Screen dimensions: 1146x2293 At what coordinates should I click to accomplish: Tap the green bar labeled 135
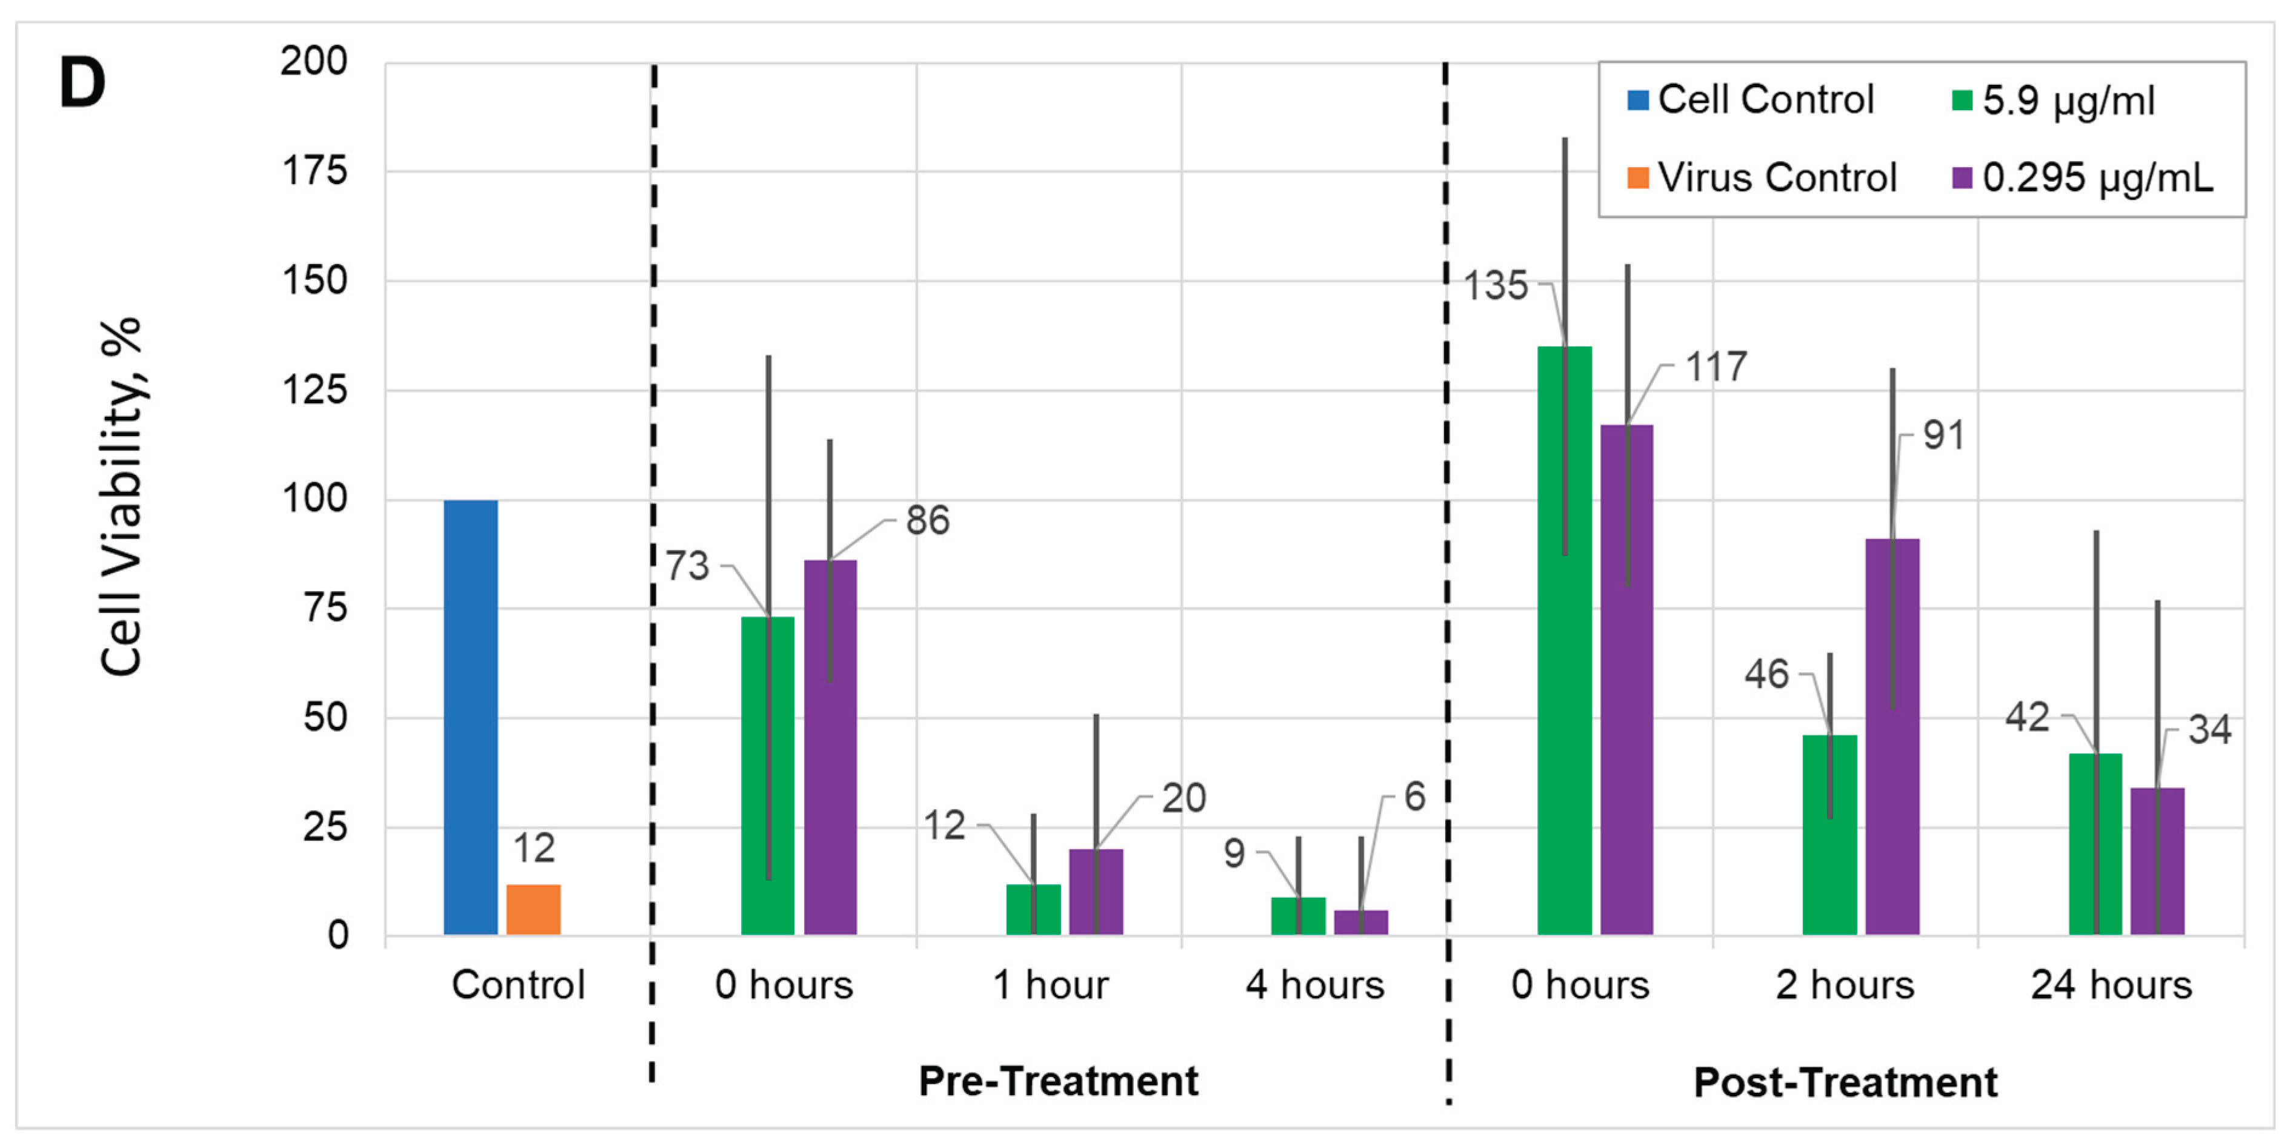pyautogui.click(x=1564, y=641)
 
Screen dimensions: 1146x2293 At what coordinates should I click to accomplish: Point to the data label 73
pyautogui.click(x=687, y=566)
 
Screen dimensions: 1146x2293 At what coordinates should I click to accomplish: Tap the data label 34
pyautogui.click(x=2209, y=730)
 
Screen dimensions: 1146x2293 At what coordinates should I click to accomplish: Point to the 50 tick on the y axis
pyautogui.click(x=324, y=717)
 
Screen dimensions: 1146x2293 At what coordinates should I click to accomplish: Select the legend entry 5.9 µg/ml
pyautogui.click(x=2052, y=100)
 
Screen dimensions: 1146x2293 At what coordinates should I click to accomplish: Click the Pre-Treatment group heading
pyautogui.click(x=1057, y=1081)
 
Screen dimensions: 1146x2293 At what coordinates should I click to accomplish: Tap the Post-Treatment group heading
pyautogui.click(x=1845, y=1083)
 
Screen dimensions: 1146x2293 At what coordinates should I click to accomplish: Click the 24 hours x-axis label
pyautogui.click(x=2111, y=985)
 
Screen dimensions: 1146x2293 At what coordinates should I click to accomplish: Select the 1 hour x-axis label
pyautogui.click(x=1050, y=985)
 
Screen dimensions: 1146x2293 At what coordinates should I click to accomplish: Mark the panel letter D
pyautogui.click(x=82, y=84)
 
